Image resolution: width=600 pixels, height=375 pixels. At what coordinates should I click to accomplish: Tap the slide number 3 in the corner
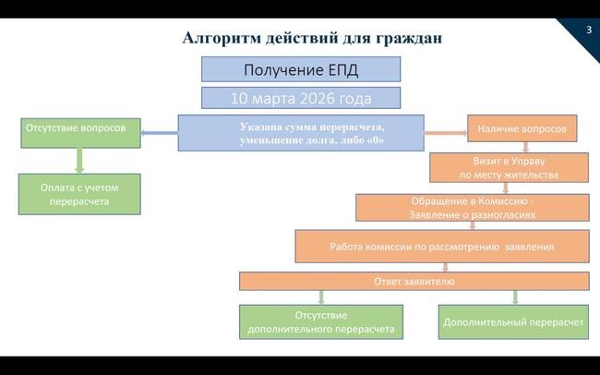588,30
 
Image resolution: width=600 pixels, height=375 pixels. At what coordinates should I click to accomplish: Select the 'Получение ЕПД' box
301,69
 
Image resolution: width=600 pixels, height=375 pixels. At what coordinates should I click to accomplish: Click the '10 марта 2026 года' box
301,97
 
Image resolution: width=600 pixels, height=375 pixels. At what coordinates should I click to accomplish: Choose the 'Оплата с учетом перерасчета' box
79,194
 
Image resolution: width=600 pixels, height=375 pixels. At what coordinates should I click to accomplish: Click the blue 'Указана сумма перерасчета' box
301,133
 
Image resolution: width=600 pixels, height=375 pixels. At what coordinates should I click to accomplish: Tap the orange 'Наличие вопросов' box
522,128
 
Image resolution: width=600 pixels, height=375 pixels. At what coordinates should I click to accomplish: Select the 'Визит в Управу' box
509,167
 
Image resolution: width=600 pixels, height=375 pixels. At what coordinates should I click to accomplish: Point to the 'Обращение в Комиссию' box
473,207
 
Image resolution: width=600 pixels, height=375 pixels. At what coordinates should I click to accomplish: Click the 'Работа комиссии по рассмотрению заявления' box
441,247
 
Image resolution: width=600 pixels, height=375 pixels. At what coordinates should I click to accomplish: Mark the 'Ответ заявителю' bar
414,281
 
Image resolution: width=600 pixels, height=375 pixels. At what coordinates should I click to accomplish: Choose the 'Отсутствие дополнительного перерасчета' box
321,321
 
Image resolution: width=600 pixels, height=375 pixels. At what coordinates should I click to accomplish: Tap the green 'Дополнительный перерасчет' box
513,321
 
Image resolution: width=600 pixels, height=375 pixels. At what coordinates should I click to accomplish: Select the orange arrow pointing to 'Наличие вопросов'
446,134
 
